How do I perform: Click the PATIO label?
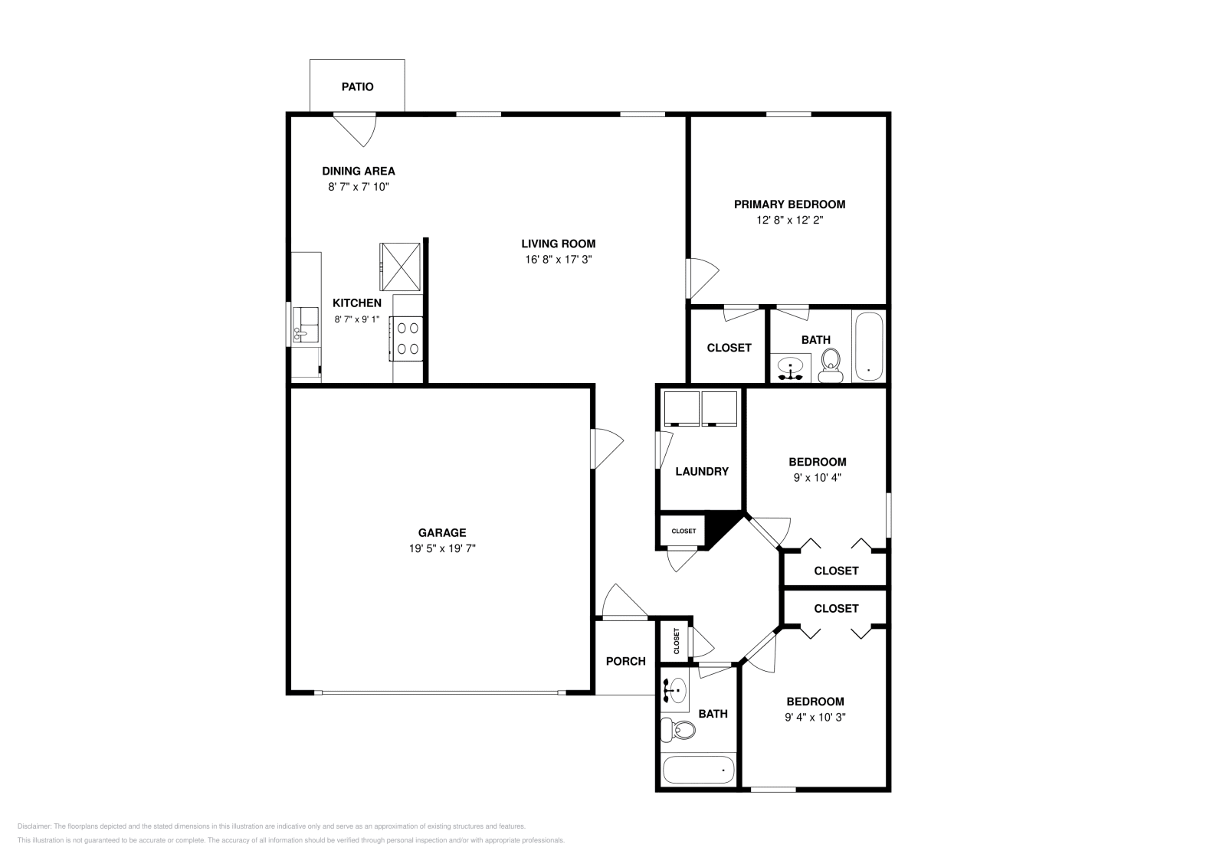[357, 87]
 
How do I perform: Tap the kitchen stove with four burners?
[407, 339]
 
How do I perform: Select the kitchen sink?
[306, 325]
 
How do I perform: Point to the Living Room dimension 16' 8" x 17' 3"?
[558, 260]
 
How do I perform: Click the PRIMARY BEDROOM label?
[789, 204]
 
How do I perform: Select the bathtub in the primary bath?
[868, 345]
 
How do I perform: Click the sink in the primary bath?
[790, 368]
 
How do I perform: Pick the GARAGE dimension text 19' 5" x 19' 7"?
[442, 548]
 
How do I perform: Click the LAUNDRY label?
[701, 472]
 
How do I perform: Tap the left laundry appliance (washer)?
[681, 408]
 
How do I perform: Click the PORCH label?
[625, 661]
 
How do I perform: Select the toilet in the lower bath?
[677, 730]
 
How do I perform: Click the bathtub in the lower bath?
[697, 768]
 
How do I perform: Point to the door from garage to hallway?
[605, 448]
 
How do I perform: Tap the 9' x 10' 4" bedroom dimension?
[817, 477]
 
